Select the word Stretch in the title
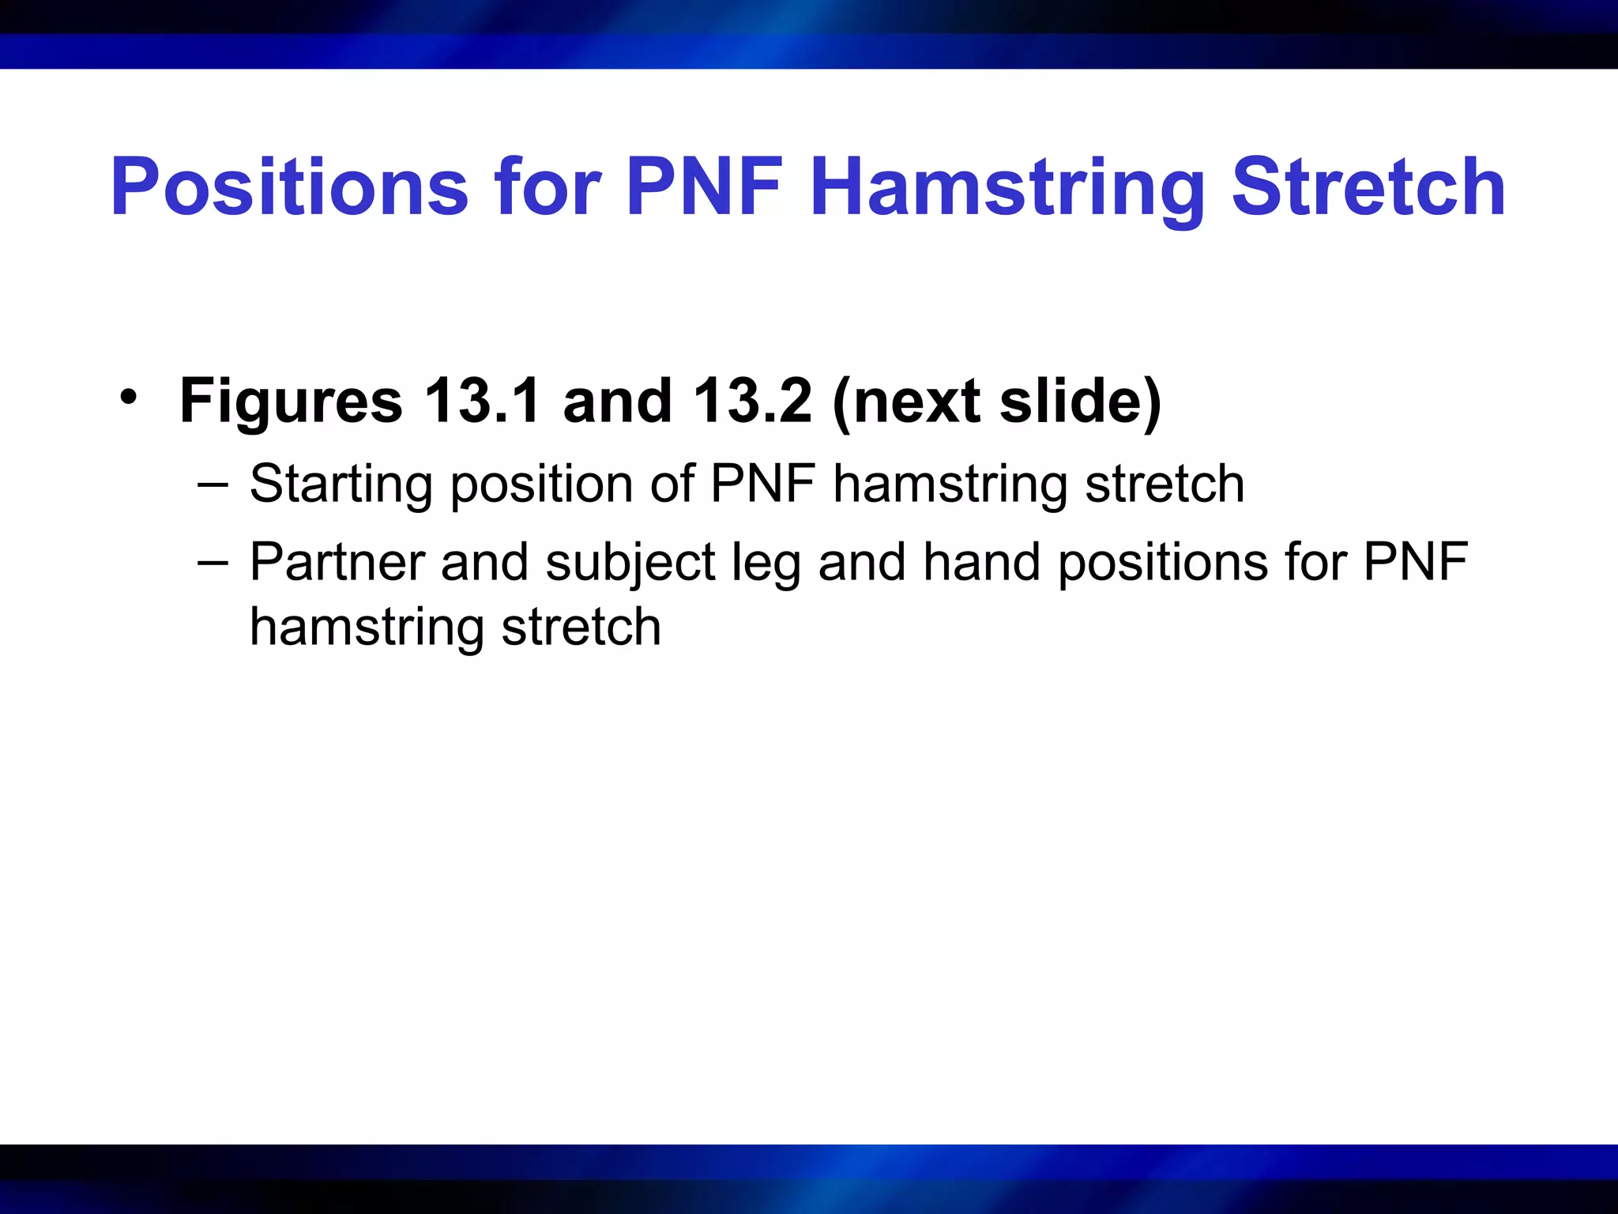click(x=1368, y=187)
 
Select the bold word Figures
click(x=291, y=402)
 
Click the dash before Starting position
click(x=213, y=484)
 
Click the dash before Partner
click(x=213, y=562)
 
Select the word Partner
click(x=337, y=562)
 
